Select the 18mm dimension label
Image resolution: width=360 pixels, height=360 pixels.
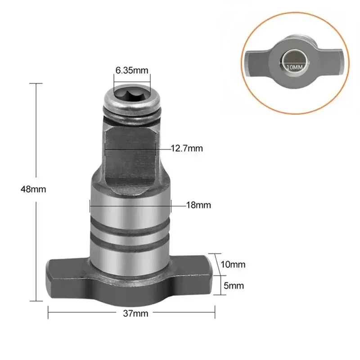point(198,205)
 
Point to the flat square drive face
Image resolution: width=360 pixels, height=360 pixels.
point(131,157)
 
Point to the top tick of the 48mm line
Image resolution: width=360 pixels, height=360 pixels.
point(36,83)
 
